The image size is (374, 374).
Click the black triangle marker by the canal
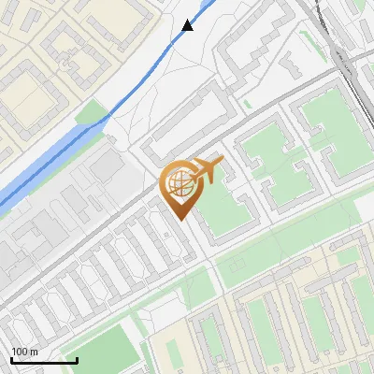tap(188, 25)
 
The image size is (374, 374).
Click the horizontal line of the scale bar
tap(44, 360)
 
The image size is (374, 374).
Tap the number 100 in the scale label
tap(21, 352)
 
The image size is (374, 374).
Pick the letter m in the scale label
tap(35, 352)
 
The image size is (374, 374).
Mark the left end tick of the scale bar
tap(11, 358)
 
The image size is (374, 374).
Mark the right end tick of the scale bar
tap(77, 358)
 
